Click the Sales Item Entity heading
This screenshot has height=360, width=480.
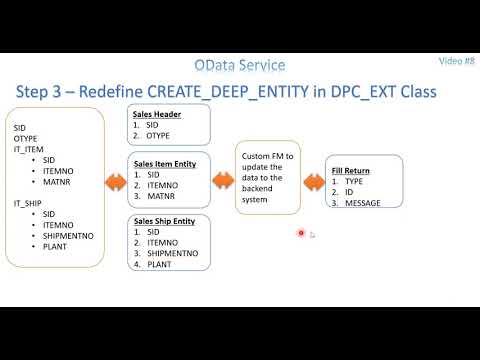click(x=164, y=162)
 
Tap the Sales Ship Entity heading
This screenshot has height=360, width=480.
click(x=165, y=220)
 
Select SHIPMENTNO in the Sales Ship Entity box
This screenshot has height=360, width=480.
click(x=173, y=254)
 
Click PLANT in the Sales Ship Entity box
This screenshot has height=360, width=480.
click(x=160, y=265)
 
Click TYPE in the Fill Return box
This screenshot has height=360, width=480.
click(x=357, y=182)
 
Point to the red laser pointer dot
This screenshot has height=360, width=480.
click(x=301, y=234)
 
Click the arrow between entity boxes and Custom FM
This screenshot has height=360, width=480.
click(x=222, y=181)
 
